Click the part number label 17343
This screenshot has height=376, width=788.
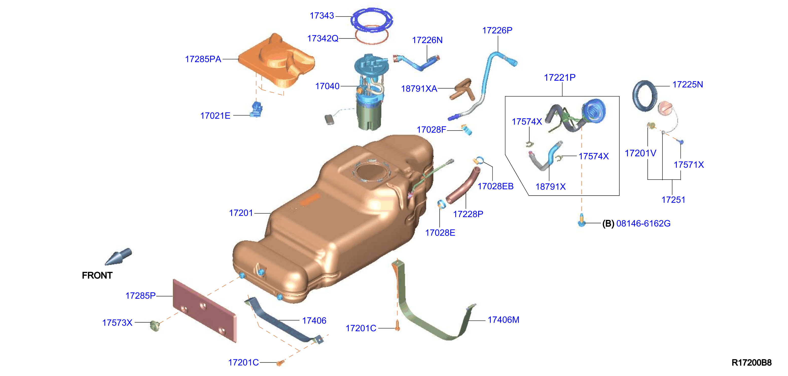tap(322, 16)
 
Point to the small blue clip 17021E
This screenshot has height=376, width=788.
tap(256, 109)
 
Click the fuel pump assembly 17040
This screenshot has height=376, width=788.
tap(368, 92)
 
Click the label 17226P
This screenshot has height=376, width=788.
tap(497, 30)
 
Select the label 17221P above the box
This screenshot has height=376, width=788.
tap(560, 78)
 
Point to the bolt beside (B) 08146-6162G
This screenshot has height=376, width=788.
tap(582, 220)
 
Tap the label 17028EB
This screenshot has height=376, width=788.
tap(496, 186)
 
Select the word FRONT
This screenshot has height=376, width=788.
tap(97, 275)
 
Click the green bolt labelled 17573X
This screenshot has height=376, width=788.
tap(155, 326)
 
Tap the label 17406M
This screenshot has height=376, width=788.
tap(503, 320)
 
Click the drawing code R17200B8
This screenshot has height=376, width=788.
tap(751, 363)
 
